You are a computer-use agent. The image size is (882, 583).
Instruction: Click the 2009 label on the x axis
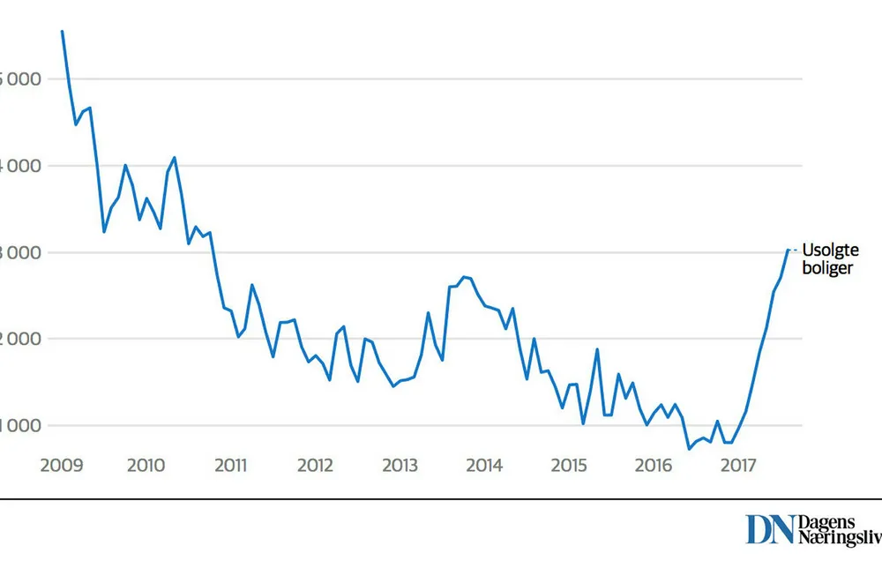pyautogui.click(x=62, y=465)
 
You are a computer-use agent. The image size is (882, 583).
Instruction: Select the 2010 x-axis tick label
pyautogui.click(x=146, y=465)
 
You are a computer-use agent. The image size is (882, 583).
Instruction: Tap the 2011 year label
pyautogui.click(x=230, y=465)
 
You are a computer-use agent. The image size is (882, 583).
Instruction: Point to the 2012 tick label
pyautogui.click(x=315, y=465)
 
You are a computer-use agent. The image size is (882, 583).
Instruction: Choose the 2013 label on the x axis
pyautogui.click(x=400, y=465)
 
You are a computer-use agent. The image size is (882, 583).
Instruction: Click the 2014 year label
pyautogui.click(x=484, y=465)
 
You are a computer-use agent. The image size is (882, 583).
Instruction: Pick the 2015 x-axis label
pyautogui.click(x=569, y=465)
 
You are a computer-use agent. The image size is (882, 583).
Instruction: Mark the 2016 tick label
pyautogui.click(x=654, y=465)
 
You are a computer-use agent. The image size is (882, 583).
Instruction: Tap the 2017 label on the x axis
pyautogui.click(x=738, y=465)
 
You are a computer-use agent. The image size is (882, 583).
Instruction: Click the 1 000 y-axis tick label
pyautogui.click(x=21, y=426)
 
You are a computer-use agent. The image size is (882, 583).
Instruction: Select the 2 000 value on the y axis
pyautogui.click(x=21, y=340)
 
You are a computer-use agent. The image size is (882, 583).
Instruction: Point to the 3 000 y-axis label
pyautogui.click(x=21, y=253)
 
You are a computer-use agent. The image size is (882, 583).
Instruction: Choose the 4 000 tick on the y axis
pyautogui.click(x=21, y=167)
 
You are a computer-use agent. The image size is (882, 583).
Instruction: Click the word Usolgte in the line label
pyautogui.click(x=830, y=251)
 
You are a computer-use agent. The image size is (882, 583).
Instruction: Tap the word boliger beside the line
pyautogui.click(x=827, y=268)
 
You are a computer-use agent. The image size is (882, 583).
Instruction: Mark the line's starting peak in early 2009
pyautogui.click(x=62, y=31)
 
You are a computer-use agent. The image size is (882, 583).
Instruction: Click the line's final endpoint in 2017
pyautogui.click(x=788, y=250)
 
